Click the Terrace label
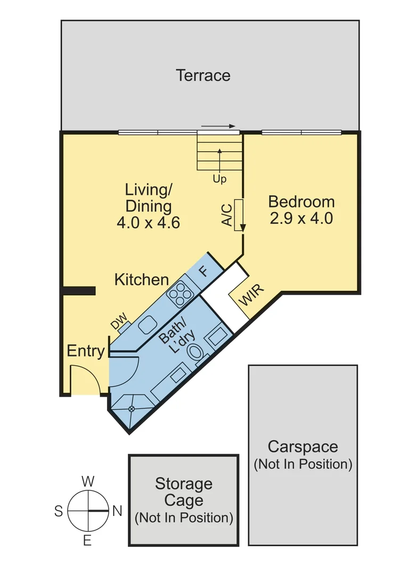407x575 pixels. click(203, 76)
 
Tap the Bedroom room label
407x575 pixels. click(302, 202)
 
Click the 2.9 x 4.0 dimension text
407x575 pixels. click(302, 218)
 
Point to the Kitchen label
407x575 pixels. click(142, 280)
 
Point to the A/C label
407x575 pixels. click(226, 215)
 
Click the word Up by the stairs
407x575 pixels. click(219, 179)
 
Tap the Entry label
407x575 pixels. click(85, 351)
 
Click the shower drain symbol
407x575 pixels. click(132, 408)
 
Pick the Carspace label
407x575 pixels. click(303, 446)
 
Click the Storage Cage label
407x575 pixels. click(184, 492)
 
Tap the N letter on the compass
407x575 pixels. click(117, 511)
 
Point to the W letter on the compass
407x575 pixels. click(88, 482)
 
